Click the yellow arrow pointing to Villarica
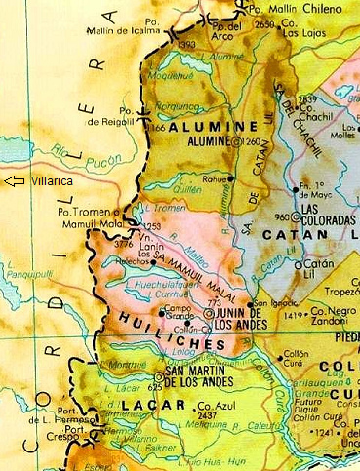[15, 181]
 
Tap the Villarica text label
[51, 181]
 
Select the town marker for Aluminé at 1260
[236, 141]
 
